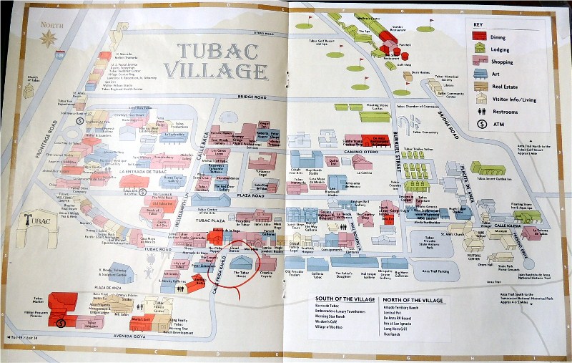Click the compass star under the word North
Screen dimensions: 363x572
(49, 38)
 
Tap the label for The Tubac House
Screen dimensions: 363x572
(245, 274)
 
